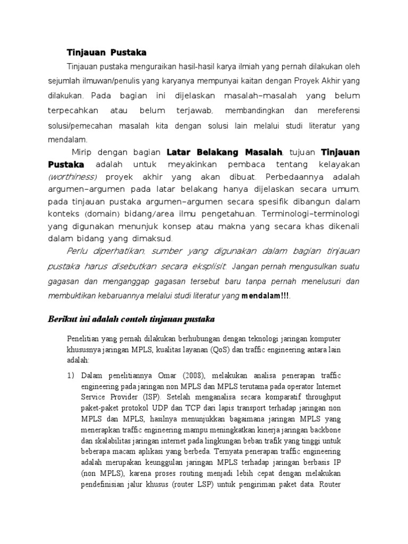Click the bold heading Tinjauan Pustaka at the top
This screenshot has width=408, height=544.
point(106,52)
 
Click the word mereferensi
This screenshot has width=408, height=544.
point(337,110)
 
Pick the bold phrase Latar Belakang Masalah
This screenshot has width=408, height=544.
point(225,152)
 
